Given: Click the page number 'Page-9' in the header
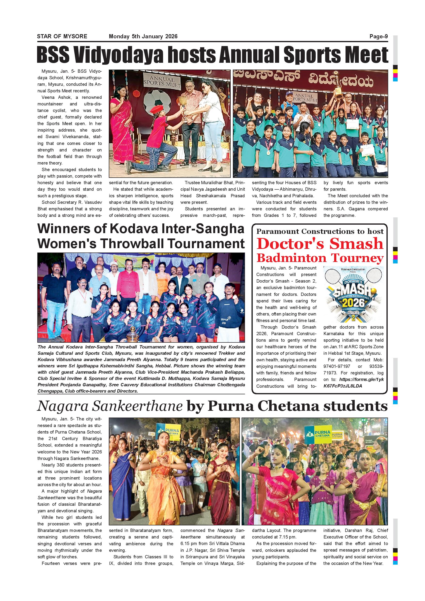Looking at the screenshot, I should click(x=378, y=37).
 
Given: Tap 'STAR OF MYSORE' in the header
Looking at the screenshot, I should click(x=62, y=37).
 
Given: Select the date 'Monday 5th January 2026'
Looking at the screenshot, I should click(x=143, y=37).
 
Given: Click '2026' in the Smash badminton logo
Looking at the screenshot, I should click(x=354, y=303).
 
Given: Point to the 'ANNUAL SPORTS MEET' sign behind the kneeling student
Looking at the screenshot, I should click(x=162, y=82).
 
